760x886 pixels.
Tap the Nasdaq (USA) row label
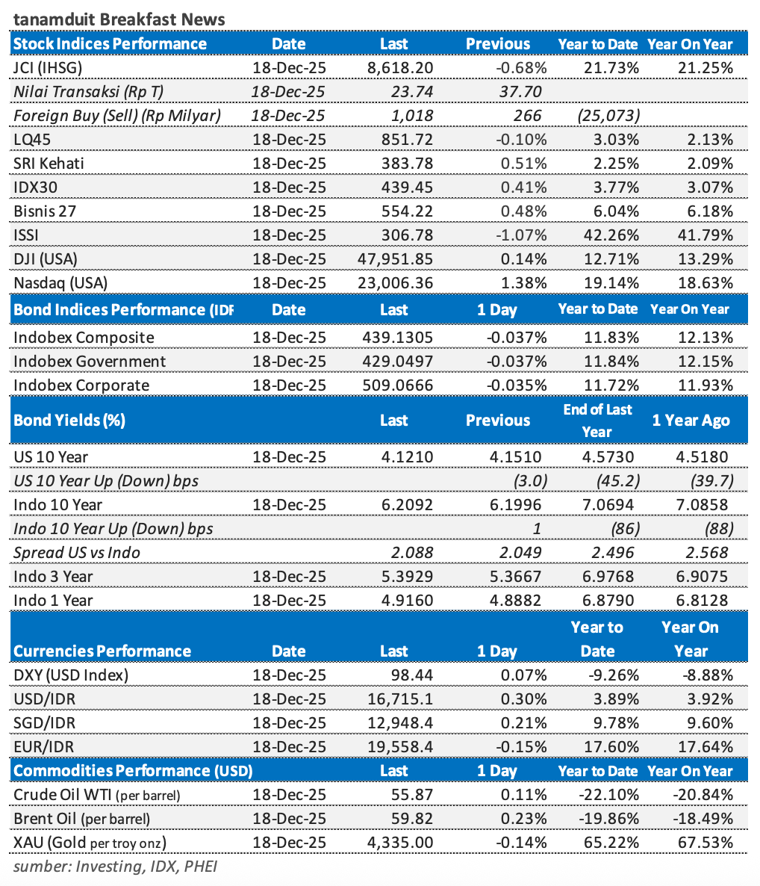60,283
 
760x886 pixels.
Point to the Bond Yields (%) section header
69,420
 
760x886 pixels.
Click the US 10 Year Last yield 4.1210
406,456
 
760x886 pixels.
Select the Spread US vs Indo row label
77,553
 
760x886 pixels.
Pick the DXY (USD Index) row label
71,675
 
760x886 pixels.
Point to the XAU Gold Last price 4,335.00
400,843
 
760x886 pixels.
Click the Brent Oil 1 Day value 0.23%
524,820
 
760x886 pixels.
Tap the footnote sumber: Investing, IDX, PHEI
115,867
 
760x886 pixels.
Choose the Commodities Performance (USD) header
133,771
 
